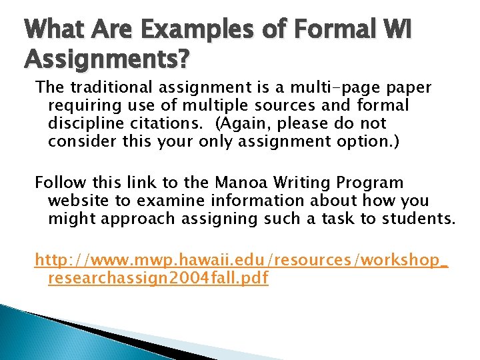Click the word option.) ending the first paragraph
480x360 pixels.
pyautogui.click(x=367, y=141)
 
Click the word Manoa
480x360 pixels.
pyautogui.click(x=241, y=183)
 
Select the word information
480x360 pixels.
pyautogui.click(x=251, y=201)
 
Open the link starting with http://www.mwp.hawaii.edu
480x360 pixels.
pyautogui.click(x=241, y=260)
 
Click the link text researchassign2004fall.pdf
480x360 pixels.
pyautogui.click(x=158, y=278)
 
